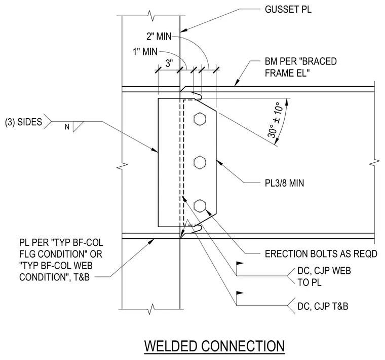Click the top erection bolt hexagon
pos(200,119)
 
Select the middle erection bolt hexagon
pos(200,162)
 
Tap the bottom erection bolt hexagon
pos(200,206)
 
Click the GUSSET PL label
pos(288,10)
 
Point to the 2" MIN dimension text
pos(159,37)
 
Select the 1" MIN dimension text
pos(145,52)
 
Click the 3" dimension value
pos(169,63)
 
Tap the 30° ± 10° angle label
pos(275,120)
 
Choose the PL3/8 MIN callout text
pos(284,183)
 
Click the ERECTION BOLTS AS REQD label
pos(321,254)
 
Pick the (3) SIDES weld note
pos(24,122)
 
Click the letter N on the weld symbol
pos(67,127)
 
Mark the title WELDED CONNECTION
pos(214,346)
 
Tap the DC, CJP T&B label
pos(323,306)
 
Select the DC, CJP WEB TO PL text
pos(324,277)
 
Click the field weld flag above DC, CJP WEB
pos(240,264)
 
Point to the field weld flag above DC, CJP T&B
pos(240,294)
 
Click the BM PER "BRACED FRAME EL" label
pos(301,67)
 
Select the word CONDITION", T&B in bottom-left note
pos(55,277)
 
